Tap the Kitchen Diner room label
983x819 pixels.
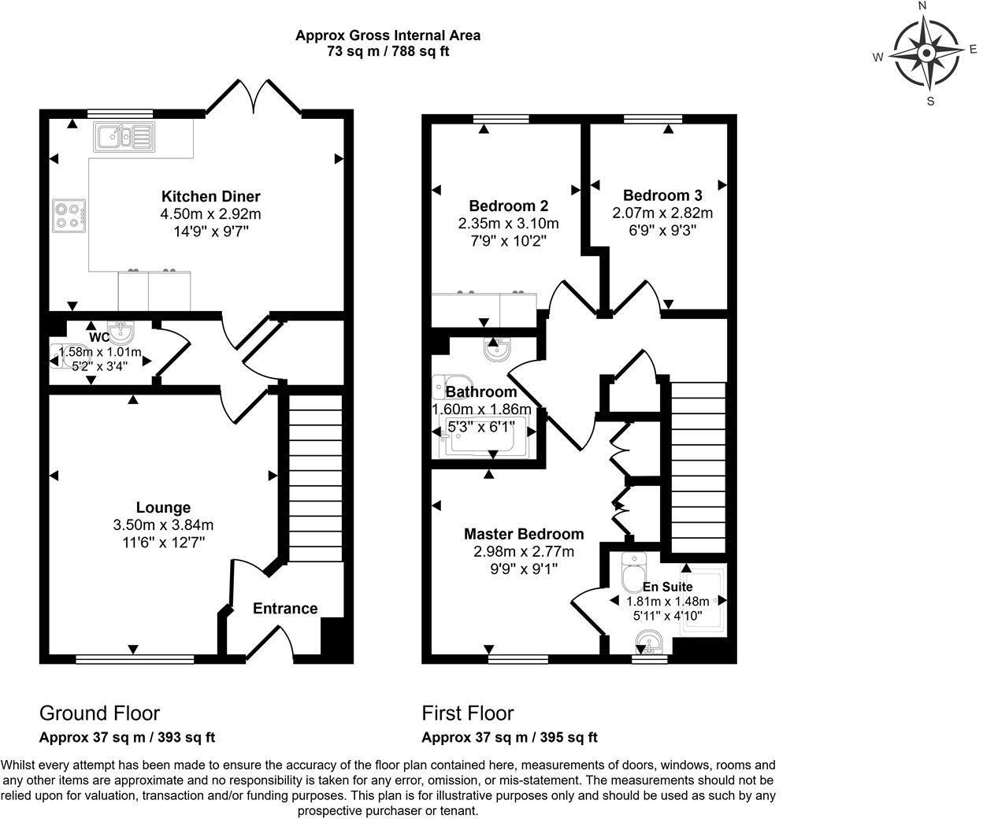click(210, 196)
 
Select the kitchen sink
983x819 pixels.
click(124, 136)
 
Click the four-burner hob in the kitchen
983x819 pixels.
click(69, 216)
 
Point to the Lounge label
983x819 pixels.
click(163, 508)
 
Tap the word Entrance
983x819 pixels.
click(285, 608)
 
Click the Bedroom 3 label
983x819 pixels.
click(662, 195)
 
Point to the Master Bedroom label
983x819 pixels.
click(524, 534)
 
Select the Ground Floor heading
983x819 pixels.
click(99, 713)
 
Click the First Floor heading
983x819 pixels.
click(468, 713)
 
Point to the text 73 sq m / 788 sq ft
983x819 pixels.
click(388, 52)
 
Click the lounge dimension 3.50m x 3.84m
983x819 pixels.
click(163, 525)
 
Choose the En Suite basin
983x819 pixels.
click(653, 643)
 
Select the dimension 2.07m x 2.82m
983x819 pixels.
click(662, 213)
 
